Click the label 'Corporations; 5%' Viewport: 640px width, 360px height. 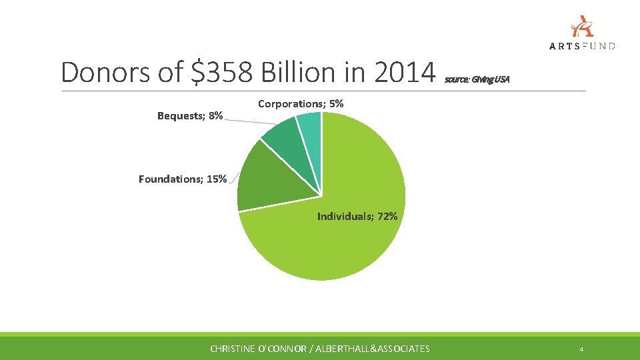click(301, 104)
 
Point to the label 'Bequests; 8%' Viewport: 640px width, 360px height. click(190, 116)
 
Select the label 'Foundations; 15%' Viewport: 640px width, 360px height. click(182, 179)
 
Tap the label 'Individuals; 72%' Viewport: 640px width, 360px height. click(357, 216)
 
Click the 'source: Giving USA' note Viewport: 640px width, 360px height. click(477, 80)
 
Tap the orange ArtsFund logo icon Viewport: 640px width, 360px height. click(582, 27)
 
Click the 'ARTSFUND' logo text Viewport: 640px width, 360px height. click(582, 45)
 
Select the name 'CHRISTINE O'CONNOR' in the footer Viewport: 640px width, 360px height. click(257, 349)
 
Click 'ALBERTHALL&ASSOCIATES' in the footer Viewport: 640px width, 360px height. click(375, 349)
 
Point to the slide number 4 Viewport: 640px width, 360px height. click(582, 349)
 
